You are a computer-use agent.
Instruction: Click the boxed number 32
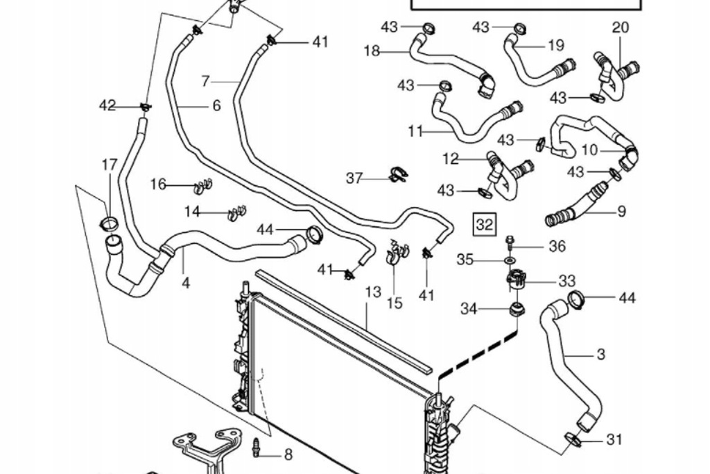tap(484, 224)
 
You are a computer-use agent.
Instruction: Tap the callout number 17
tap(110, 165)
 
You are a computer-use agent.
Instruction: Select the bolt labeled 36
tap(510, 243)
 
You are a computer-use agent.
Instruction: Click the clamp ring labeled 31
tap(573, 439)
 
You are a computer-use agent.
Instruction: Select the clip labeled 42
tap(145, 106)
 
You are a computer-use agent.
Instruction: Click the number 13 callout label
tap(373, 292)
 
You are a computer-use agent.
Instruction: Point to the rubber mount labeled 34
tap(516, 309)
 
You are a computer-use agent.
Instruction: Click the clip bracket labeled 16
tap(202, 186)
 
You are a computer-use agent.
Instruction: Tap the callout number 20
tap(621, 28)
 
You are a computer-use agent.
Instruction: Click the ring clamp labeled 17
tap(110, 223)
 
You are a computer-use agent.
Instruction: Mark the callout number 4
tap(186, 283)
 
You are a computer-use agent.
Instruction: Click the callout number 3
tap(600, 354)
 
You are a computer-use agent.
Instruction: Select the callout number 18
tap(372, 51)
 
